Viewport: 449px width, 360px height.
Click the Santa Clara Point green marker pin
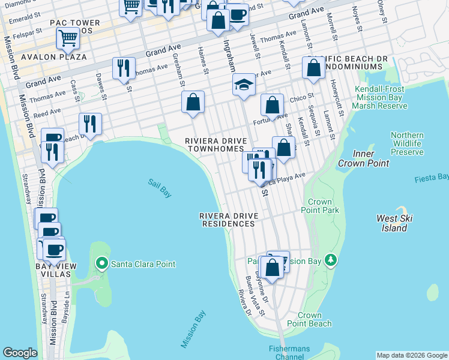coord(102,263)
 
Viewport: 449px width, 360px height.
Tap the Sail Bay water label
coord(160,188)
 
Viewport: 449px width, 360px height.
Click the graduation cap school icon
coord(244,85)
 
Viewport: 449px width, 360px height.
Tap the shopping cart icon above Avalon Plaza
coord(68,39)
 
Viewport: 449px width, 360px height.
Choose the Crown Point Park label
coord(324,206)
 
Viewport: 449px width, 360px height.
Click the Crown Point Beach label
coord(314,319)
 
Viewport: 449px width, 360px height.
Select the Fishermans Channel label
coord(286,352)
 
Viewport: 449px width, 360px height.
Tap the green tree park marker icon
coord(330,260)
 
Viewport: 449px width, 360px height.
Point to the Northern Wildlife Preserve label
coord(407,143)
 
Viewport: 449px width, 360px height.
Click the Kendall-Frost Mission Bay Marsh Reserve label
coord(381,97)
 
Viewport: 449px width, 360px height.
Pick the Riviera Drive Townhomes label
coord(214,145)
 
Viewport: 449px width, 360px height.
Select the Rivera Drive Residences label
coord(228,220)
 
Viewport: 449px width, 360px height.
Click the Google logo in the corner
coord(20,353)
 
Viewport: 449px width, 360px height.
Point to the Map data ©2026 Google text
coord(411,355)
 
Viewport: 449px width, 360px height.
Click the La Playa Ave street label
coord(291,176)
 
